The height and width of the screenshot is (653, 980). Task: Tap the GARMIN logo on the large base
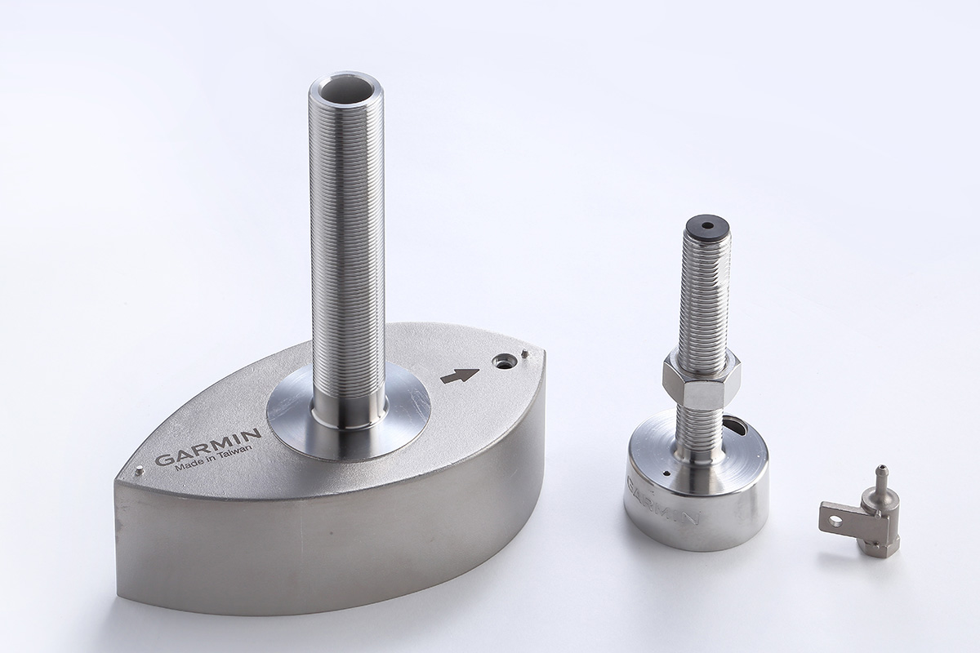[x=208, y=446]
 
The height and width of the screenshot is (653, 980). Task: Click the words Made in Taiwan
[x=213, y=460]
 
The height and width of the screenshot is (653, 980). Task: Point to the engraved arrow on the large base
[x=460, y=376]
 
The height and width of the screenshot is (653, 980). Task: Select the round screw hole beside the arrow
[x=502, y=362]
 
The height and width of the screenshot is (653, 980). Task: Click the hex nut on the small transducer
[x=701, y=379]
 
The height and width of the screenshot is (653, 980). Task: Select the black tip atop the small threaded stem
[x=704, y=228]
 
